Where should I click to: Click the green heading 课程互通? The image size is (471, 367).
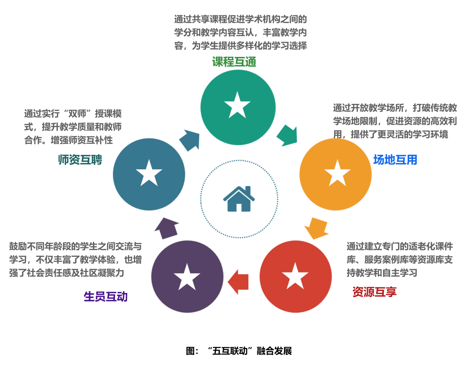pyautogui.click(x=234, y=62)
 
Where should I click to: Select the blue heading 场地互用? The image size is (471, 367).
pyautogui.click(x=395, y=160)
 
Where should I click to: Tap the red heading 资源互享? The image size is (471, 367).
pyautogui.click(x=374, y=291)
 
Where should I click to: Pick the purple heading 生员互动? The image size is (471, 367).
pyautogui.click(x=106, y=296)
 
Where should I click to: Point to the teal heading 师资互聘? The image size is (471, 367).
pyautogui.click(x=80, y=160)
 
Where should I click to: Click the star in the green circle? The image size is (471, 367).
pyautogui.click(x=237, y=106)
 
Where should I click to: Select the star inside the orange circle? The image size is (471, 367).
pyautogui.click(x=337, y=173)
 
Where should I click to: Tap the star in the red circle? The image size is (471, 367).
pyautogui.click(x=295, y=277)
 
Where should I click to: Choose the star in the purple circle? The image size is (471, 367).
pyautogui.click(x=187, y=278)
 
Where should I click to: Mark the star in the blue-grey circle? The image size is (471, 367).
pyautogui.click(x=149, y=173)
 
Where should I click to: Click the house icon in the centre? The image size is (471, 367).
pyautogui.click(x=239, y=199)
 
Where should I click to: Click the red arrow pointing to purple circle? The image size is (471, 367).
pyautogui.click(x=238, y=282)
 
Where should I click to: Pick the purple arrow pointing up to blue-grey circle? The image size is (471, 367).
pyautogui.click(x=166, y=228)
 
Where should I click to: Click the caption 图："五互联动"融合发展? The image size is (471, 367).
pyautogui.click(x=239, y=351)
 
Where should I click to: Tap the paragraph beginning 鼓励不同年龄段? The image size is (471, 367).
pyautogui.click(x=76, y=259)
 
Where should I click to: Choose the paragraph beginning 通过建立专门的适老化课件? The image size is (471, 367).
pyautogui.click(x=400, y=259)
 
